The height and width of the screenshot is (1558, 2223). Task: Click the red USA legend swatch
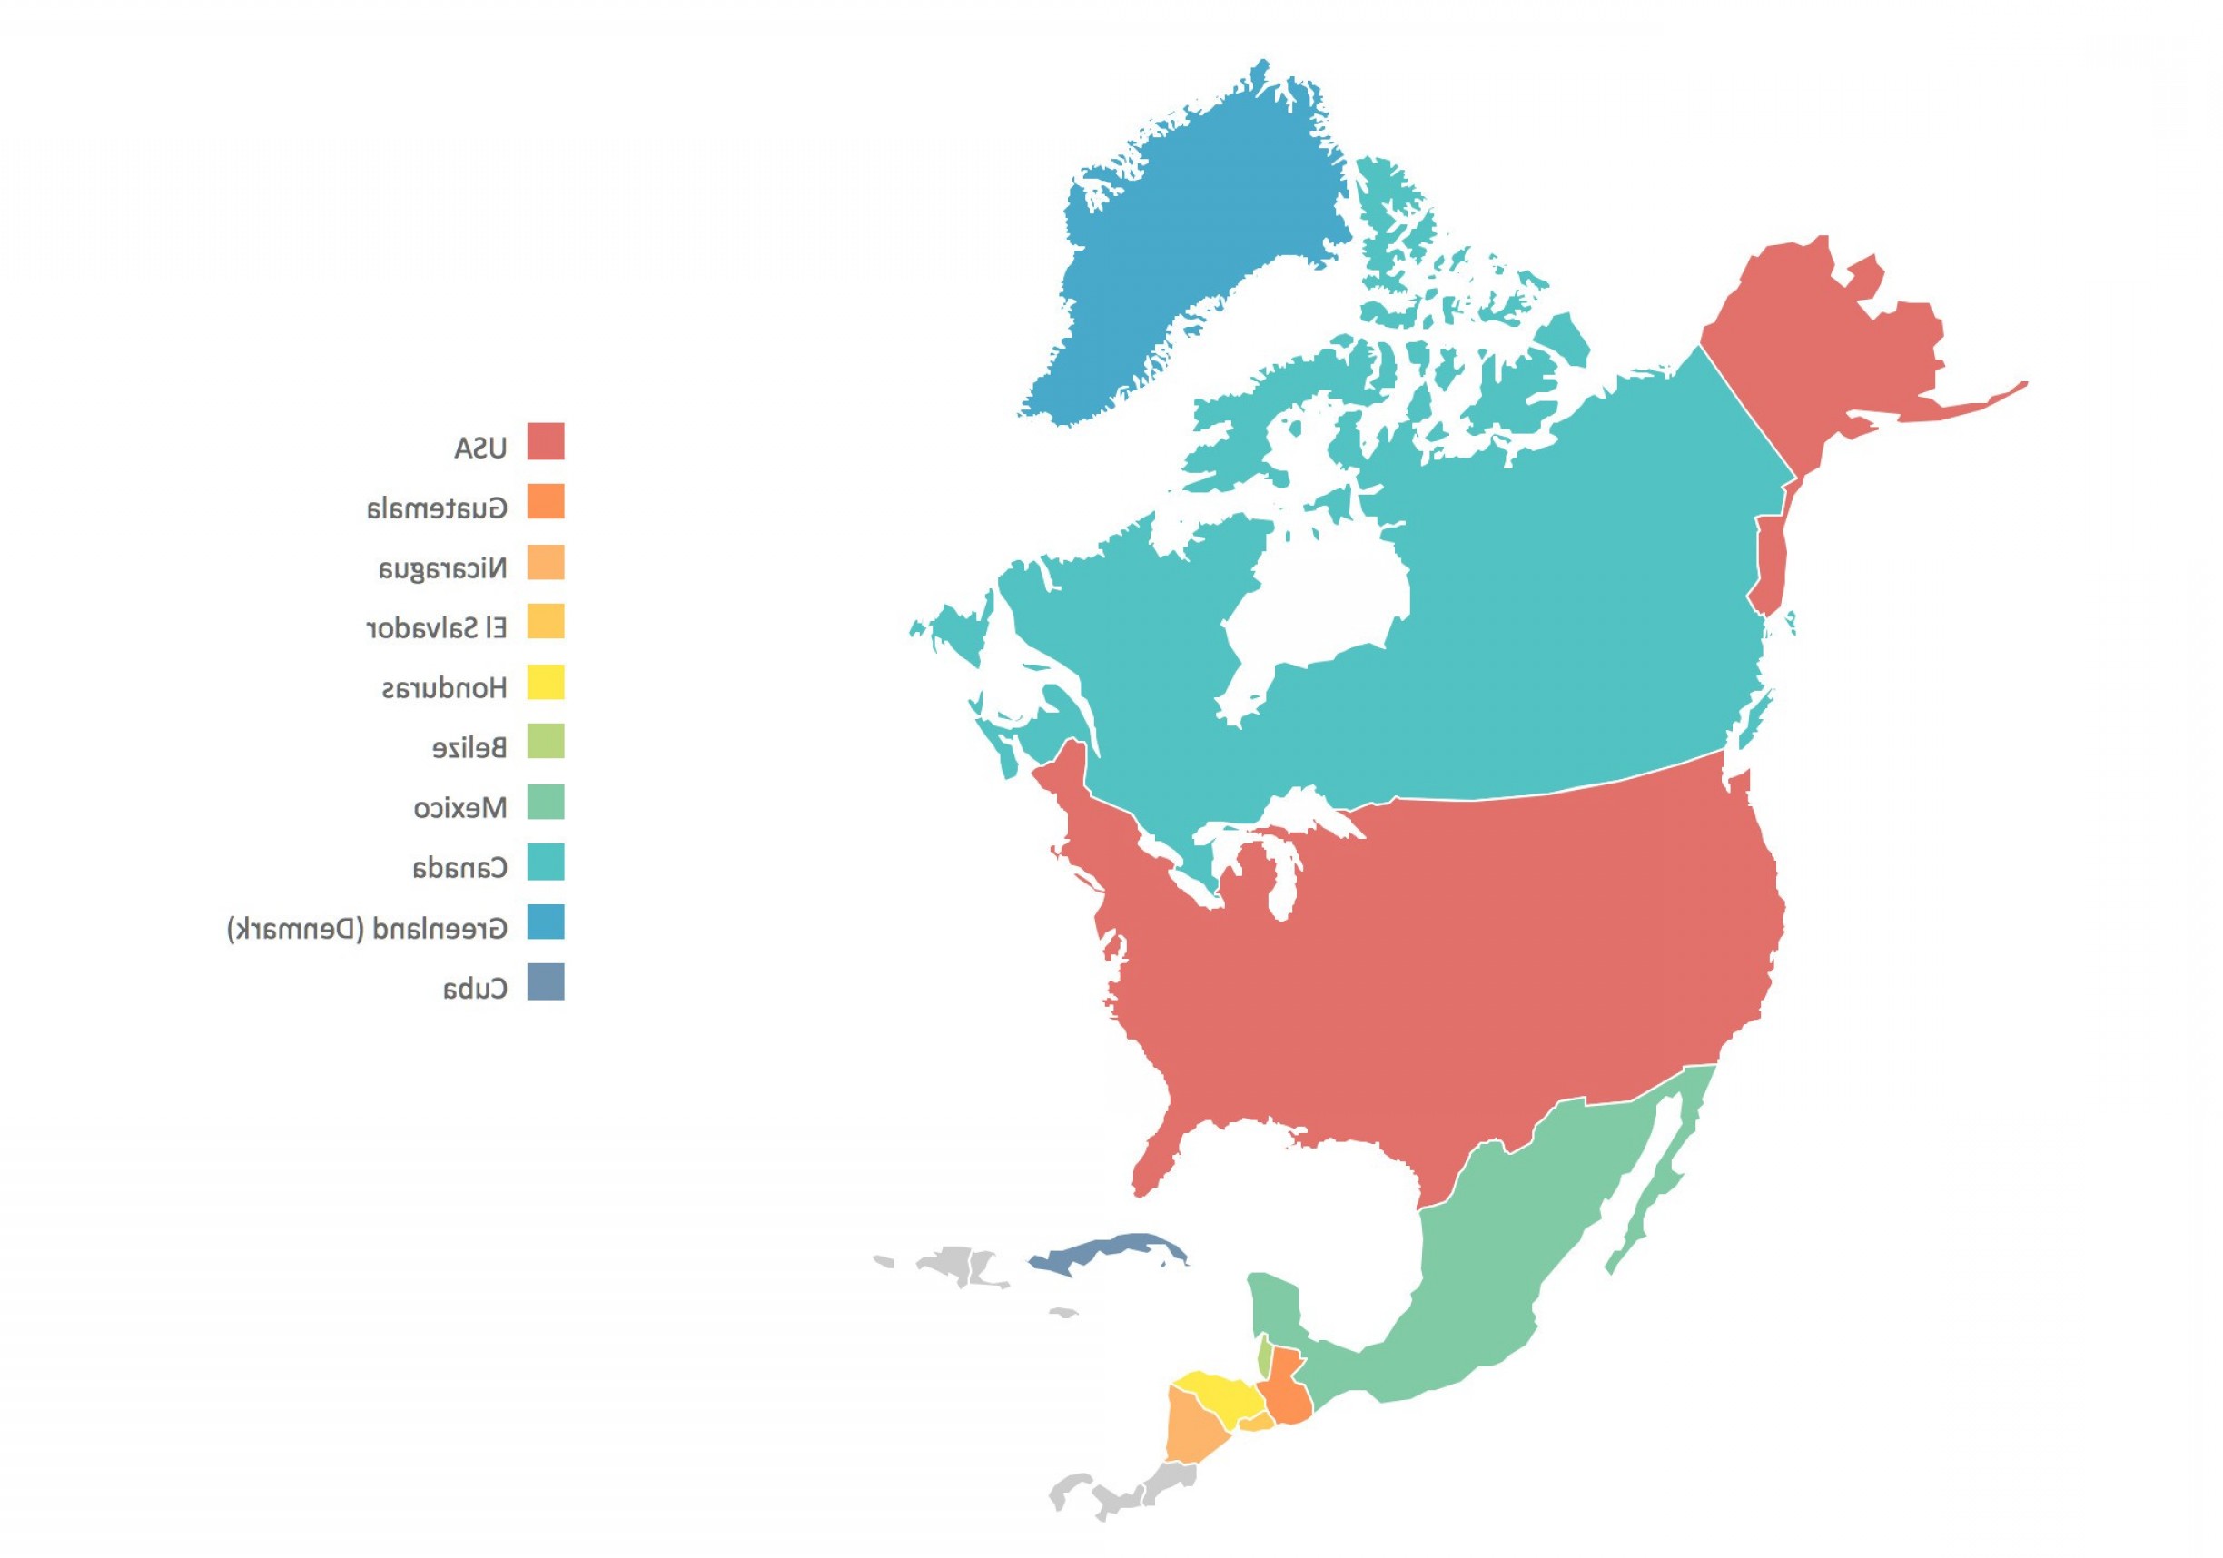(x=545, y=441)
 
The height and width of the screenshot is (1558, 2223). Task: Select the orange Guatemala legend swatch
(x=545, y=501)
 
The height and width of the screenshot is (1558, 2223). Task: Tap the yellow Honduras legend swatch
(x=545, y=683)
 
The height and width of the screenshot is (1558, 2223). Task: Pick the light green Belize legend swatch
(x=545, y=742)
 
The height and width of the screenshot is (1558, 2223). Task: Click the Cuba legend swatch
(x=545, y=981)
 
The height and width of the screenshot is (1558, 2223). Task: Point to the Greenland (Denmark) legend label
(x=367, y=929)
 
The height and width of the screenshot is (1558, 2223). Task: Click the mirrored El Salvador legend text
(x=437, y=627)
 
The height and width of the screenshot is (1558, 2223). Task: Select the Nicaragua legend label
(x=442, y=567)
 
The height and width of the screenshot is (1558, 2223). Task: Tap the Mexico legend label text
(x=459, y=807)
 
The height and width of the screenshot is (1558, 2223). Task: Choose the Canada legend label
(x=459, y=868)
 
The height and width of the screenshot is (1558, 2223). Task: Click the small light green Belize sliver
(x=1263, y=1356)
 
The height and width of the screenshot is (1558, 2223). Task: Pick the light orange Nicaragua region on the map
(x=1191, y=1428)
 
